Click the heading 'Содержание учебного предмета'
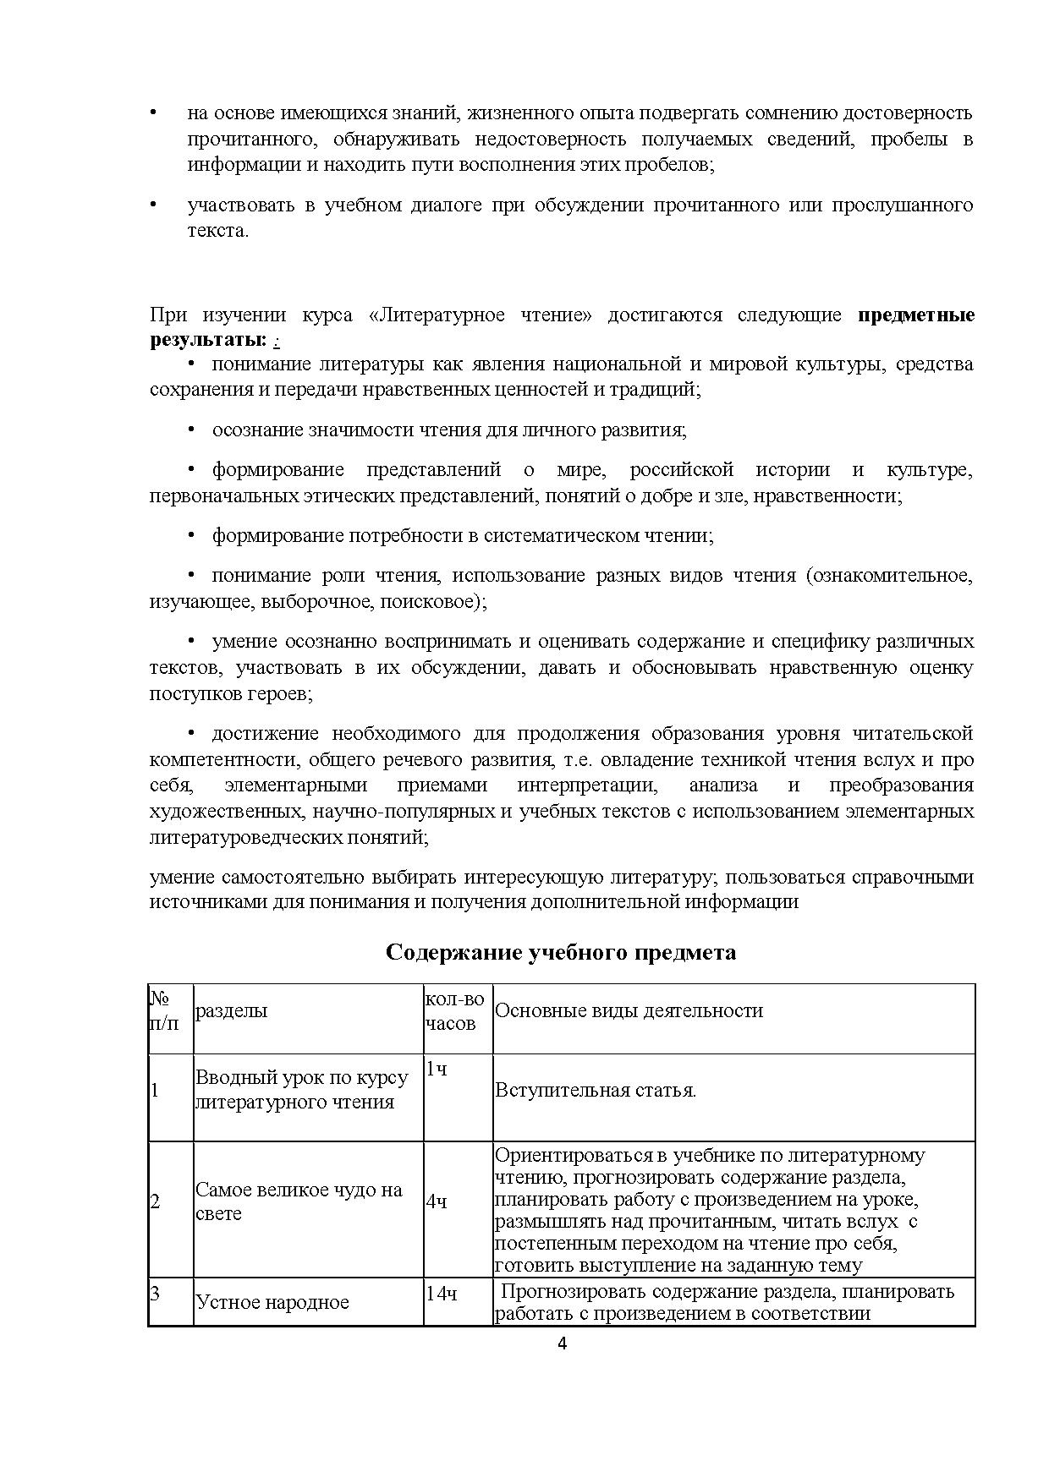pos(561,952)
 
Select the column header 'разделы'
pos(231,1011)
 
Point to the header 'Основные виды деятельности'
pos(629,1011)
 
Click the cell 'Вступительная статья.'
pos(596,1091)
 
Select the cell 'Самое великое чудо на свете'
pos(298,1201)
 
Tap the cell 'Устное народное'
pos(272,1302)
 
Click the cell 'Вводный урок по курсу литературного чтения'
pos(301,1090)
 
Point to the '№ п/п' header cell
pos(165,1011)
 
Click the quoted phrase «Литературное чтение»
pos(481,316)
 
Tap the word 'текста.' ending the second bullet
pos(218,231)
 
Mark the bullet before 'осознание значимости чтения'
pos(191,430)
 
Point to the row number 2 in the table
pos(155,1201)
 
